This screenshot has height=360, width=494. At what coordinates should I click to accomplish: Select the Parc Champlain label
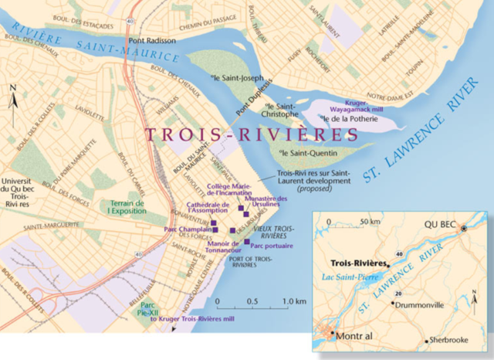coord(187,229)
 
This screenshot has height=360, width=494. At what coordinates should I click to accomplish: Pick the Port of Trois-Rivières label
coord(251,261)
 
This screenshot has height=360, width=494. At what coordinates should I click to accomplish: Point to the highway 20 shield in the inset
coord(397,294)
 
